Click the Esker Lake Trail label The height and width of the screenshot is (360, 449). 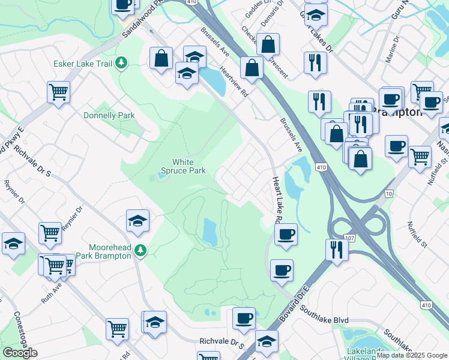click(x=83, y=62)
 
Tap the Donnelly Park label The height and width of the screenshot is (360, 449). click(x=109, y=115)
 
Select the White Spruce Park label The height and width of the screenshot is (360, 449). click(x=189, y=166)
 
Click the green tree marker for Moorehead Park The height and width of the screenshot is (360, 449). click(x=140, y=250)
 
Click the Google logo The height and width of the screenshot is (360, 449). click(x=20, y=353)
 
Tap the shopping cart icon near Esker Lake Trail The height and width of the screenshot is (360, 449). click(x=59, y=92)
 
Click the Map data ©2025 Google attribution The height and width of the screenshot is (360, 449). click(x=412, y=355)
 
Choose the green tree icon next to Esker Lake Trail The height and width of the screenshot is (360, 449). click(x=122, y=62)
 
